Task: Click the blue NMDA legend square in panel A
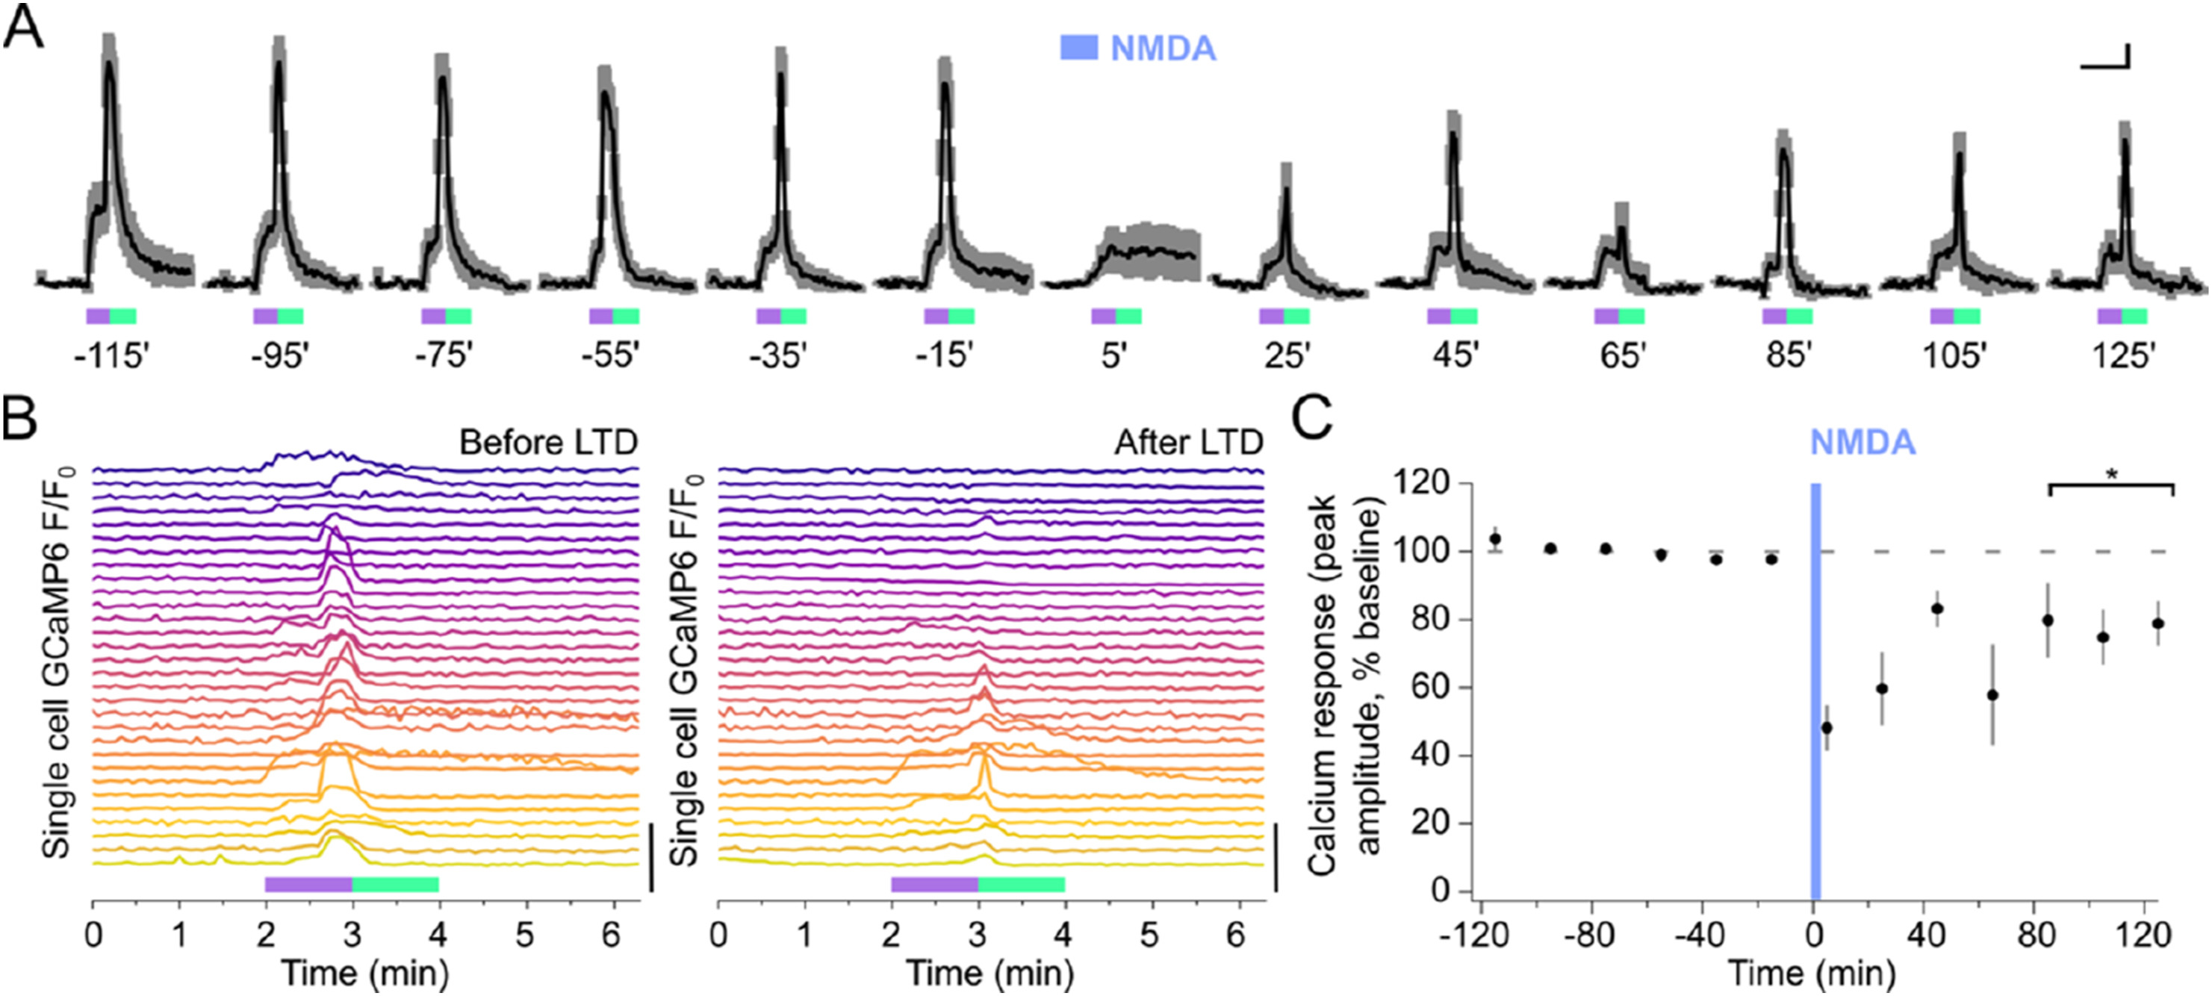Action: point(1078,48)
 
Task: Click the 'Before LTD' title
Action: point(548,443)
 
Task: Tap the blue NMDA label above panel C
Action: point(1863,443)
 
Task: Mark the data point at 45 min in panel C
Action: point(1937,609)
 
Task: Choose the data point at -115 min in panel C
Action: point(1495,539)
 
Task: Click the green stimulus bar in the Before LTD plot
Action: point(396,884)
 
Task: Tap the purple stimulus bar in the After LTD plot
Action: point(934,884)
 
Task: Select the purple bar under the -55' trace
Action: point(600,317)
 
